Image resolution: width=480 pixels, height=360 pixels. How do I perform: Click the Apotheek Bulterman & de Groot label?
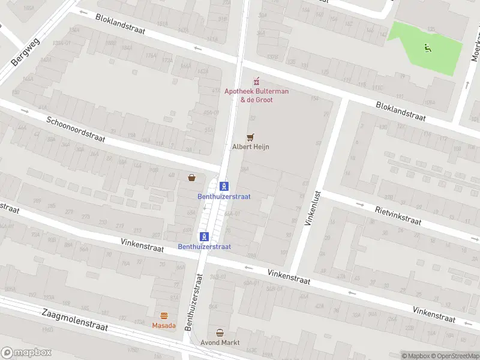click(x=256, y=95)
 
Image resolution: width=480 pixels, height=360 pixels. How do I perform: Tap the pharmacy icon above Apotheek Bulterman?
click(x=257, y=80)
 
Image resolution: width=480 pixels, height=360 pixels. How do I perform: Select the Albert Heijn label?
click(x=250, y=146)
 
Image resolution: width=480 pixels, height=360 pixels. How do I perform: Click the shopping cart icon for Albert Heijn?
click(x=251, y=137)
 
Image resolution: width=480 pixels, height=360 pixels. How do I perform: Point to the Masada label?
click(x=164, y=325)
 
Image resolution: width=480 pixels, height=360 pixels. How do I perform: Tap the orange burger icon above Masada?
click(x=164, y=316)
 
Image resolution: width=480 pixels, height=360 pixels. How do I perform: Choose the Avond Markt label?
click(x=220, y=343)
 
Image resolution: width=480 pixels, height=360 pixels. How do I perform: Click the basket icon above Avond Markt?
click(x=220, y=333)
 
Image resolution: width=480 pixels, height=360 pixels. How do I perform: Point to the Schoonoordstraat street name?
click(x=76, y=129)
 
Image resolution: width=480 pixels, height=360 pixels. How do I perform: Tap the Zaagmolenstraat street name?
click(x=74, y=321)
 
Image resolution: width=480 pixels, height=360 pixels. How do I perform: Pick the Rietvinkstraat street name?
click(x=398, y=215)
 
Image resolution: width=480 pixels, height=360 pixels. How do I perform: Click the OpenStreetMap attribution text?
click(x=454, y=356)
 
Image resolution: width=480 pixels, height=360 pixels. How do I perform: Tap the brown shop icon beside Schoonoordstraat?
click(x=192, y=178)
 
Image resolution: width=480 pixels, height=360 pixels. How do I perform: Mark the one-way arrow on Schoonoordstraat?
click(x=25, y=111)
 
